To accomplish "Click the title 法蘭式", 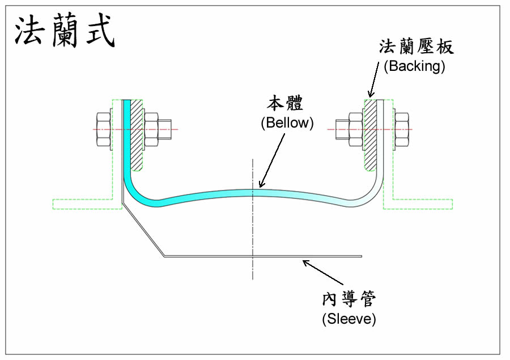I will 64,31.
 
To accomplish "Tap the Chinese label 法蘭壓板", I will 416,47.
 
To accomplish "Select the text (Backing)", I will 414,66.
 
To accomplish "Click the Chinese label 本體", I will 286,104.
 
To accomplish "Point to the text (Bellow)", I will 287,123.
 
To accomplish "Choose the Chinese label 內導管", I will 349,299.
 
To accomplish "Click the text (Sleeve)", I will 348,319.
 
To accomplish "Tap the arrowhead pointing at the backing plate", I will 371,94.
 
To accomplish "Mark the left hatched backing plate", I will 138,136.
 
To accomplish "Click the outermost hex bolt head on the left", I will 104,130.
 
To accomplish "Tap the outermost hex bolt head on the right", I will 401,130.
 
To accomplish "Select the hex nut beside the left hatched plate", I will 151,130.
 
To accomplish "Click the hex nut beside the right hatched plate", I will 355,130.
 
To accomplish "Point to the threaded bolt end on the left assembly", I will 165,129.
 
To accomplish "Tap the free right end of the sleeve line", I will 360,256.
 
